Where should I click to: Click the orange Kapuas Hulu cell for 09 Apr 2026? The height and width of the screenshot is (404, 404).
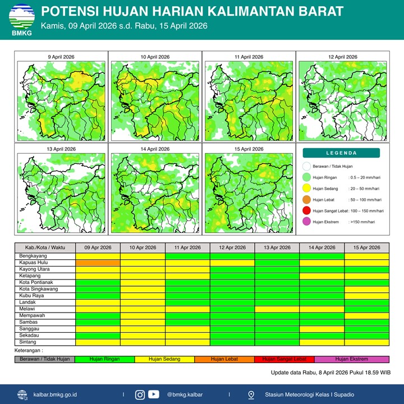(x=98, y=262)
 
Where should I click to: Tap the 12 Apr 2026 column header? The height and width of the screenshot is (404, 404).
(x=232, y=247)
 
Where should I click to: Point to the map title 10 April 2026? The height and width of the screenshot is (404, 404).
(x=155, y=57)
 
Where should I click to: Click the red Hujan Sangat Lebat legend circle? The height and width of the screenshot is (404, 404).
(x=306, y=211)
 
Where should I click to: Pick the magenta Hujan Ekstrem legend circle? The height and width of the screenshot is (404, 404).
(x=306, y=222)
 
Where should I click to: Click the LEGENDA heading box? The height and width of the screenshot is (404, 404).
(x=341, y=153)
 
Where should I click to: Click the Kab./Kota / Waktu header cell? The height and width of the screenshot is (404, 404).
(x=45, y=247)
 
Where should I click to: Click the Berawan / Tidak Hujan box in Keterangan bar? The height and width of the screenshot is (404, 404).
(x=45, y=359)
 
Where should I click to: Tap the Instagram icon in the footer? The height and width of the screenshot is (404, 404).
(x=140, y=394)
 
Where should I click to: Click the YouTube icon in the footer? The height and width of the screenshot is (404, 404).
(x=153, y=394)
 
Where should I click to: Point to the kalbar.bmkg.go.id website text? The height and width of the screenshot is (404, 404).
(x=63, y=394)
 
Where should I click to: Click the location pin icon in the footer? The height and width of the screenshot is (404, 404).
(x=251, y=394)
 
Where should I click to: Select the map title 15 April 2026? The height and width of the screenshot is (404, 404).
(x=249, y=149)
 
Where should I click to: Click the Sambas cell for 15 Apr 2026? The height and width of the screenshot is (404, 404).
(x=366, y=322)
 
